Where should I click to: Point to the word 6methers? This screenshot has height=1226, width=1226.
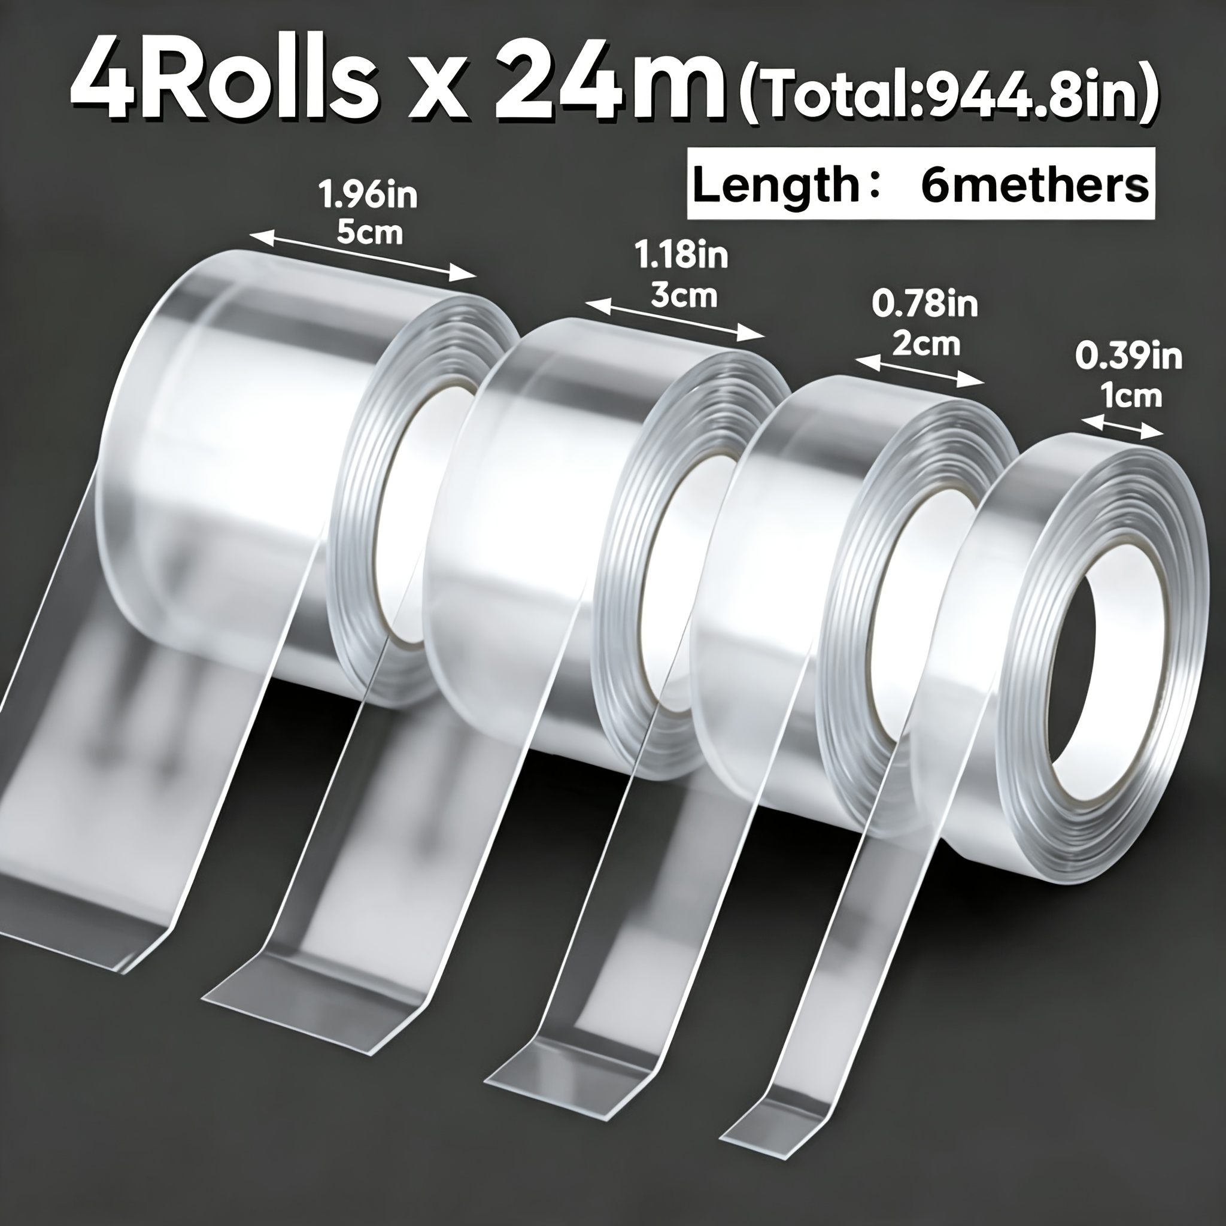[x=1034, y=186]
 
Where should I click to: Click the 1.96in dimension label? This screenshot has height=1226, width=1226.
[x=369, y=195]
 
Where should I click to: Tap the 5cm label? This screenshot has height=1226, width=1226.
[x=369, y=233]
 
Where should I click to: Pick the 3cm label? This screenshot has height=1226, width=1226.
[x=684, y=295]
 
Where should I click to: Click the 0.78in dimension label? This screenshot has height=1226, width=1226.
[x=924, y=305]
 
